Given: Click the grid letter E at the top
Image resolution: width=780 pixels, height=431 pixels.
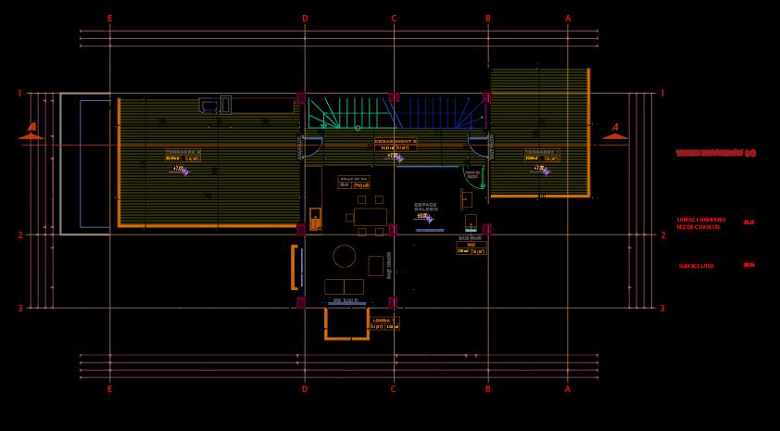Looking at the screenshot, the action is tap(109, 19).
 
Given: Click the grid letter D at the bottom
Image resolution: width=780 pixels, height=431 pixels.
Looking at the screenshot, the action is tap(304, 389).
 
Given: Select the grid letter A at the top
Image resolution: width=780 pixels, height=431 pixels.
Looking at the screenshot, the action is tap(568, 19).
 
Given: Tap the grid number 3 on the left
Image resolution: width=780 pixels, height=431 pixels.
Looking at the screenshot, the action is tap(19, 309).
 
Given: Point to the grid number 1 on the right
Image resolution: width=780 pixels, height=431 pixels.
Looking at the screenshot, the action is tap(661, 94).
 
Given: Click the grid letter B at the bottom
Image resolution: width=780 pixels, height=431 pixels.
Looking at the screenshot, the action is tap(487, 389).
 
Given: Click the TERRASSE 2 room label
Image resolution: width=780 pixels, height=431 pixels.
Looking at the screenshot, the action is tap(182, 151).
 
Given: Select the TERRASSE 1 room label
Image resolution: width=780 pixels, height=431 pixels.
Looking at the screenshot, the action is tap(542, 151).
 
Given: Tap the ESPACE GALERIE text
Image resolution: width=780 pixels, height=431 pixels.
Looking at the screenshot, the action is tap(426, 207).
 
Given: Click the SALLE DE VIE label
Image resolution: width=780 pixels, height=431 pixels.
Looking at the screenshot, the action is tap(354, 178).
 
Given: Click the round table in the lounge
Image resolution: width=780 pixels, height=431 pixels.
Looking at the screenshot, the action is tap(344, 256).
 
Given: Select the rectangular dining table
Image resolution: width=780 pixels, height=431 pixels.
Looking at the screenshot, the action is tap(370, 218).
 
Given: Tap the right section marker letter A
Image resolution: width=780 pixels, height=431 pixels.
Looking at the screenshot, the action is tap(614, 127).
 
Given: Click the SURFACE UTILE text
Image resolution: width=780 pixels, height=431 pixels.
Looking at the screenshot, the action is tap(696, 266).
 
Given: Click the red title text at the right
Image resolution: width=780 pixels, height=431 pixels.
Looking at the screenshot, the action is tap(715, 153).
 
